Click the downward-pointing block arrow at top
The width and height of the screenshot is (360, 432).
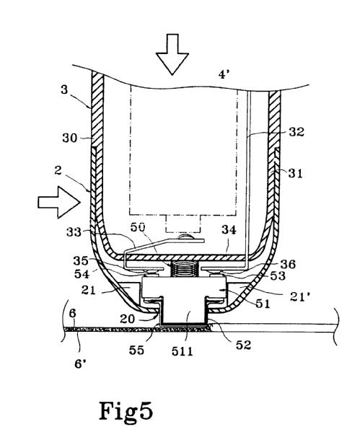tap(172, 54)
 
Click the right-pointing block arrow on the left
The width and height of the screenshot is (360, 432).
tap(59, 202)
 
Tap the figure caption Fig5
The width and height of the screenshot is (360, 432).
tap(126, 411)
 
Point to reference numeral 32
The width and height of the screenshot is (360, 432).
tap(297, 132)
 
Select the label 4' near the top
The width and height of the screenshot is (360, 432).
tap(224, 74)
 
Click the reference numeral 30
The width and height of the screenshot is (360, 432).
tap(69, 138)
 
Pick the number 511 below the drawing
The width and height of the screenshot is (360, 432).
tap(182, 351)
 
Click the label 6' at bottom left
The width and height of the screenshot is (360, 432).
tap(81, 364)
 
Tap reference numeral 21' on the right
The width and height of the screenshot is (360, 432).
tap(300, 296)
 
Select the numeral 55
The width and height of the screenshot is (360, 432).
tap(136, 351)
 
